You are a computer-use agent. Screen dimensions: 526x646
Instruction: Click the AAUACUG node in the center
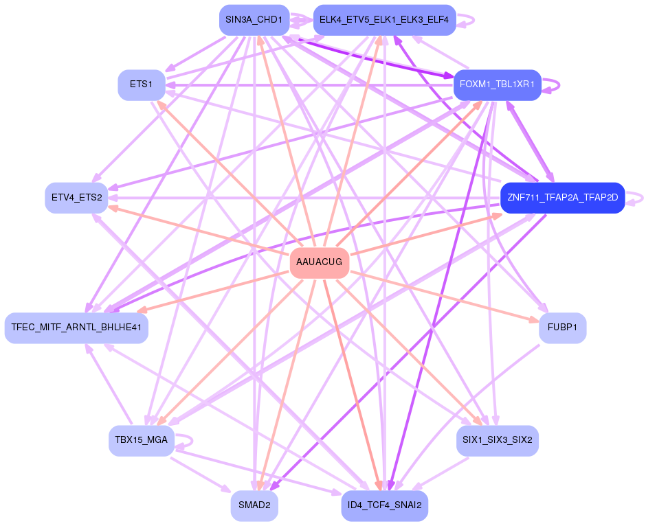(x=320, y=263)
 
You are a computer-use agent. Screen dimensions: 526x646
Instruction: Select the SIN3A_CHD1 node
(x=254, y=20)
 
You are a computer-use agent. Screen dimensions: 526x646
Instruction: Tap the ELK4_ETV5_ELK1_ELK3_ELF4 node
(x=384, y=20)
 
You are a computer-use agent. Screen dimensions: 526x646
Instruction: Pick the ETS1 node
(x=141, y=85)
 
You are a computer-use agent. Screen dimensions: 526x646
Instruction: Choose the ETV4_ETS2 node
(x=76, y=198)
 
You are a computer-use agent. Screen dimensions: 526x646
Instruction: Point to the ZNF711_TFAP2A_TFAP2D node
(x=562, y=198)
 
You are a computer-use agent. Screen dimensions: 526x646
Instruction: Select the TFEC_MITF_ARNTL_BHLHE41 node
(x=76, y=328)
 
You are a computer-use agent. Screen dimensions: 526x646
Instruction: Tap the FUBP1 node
(x=562, y=328)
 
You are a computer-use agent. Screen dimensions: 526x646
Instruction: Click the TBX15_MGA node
(x=142, y=441)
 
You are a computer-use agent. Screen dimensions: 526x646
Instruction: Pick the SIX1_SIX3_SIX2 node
(x=497, y=441)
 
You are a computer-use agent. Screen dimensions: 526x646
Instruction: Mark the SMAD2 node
(x=254, y=506)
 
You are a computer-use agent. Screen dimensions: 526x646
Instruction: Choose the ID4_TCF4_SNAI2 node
(x=384, y=506)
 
